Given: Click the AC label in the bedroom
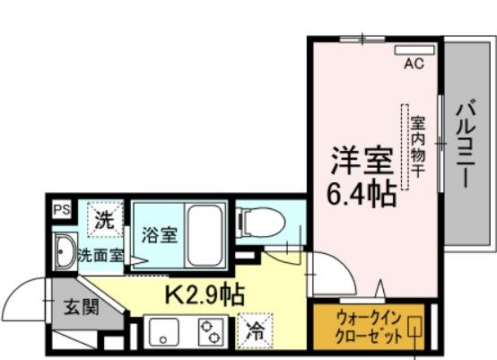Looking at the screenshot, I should coord(414,64).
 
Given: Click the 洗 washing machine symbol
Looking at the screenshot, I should coord(105,216).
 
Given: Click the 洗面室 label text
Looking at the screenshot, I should coord(101,255).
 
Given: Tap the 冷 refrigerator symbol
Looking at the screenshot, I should coord(254,329).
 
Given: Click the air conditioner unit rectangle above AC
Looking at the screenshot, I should coord(415,49).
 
